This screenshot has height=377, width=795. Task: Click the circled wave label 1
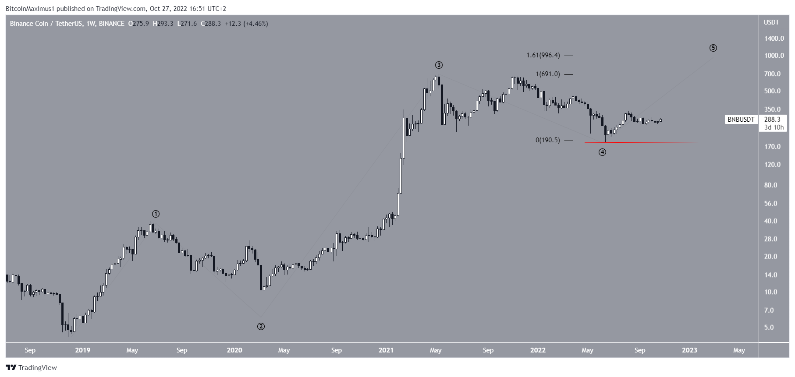click(x=156, y=214)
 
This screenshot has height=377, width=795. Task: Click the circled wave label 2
click(x=261, y=326)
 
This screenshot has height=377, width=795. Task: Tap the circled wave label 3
click(x=439, y=65)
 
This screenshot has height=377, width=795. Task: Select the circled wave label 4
click(x=603, y=152)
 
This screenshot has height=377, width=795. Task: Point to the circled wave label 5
click(x=713, y=48)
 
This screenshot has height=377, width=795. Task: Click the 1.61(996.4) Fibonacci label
click(x=543, y=56)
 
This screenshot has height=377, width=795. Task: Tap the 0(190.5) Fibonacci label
click(x=547, y=141)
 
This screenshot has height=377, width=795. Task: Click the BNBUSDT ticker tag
click(x=741, y=119)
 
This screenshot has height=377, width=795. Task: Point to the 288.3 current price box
click(x=772, y=119)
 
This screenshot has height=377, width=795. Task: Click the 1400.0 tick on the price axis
click(x=774, y=39)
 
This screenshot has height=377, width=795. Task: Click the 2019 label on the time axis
click(x=82, y=350)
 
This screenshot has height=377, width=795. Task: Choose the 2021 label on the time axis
click(x=386, y=350)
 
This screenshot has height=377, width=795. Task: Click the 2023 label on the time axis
click(x=689, y=350)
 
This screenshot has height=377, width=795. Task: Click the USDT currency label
click(x=771, y=22)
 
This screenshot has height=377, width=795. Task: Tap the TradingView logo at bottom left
click(x=31, y=368)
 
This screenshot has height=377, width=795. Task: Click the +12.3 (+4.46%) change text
click(x=246, y=24)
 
